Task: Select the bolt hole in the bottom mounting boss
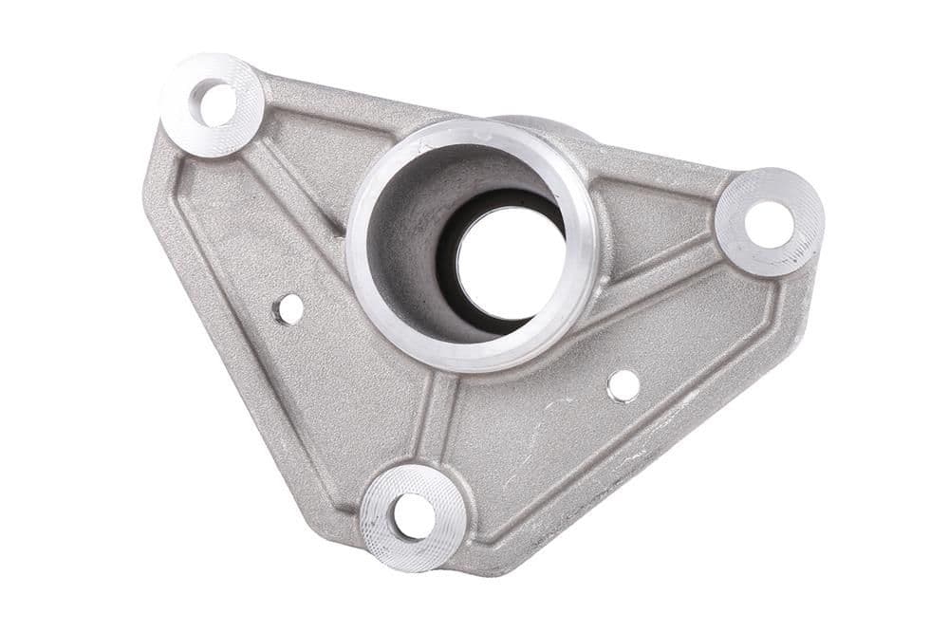tap(414, 515)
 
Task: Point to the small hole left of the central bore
tap(288, 308)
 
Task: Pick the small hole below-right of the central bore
tap(623, 384)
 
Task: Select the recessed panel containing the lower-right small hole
tap(607, 427)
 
